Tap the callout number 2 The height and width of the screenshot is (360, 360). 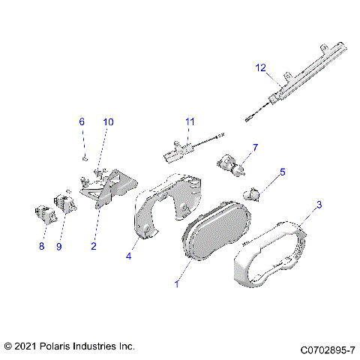tap(94, 245)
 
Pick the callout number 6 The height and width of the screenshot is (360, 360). tap(82, 121)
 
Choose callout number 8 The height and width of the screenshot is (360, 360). tap(42, 244)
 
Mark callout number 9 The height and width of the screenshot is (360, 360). tap(59, 244)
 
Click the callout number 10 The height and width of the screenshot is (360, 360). tap(108, 121)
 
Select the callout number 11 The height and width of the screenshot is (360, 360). tap(190, 121)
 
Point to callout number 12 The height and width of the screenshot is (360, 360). tap(260, 68)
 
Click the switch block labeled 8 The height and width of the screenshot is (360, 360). tap(46, 214)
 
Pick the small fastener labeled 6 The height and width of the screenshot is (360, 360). tap(85, 157)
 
